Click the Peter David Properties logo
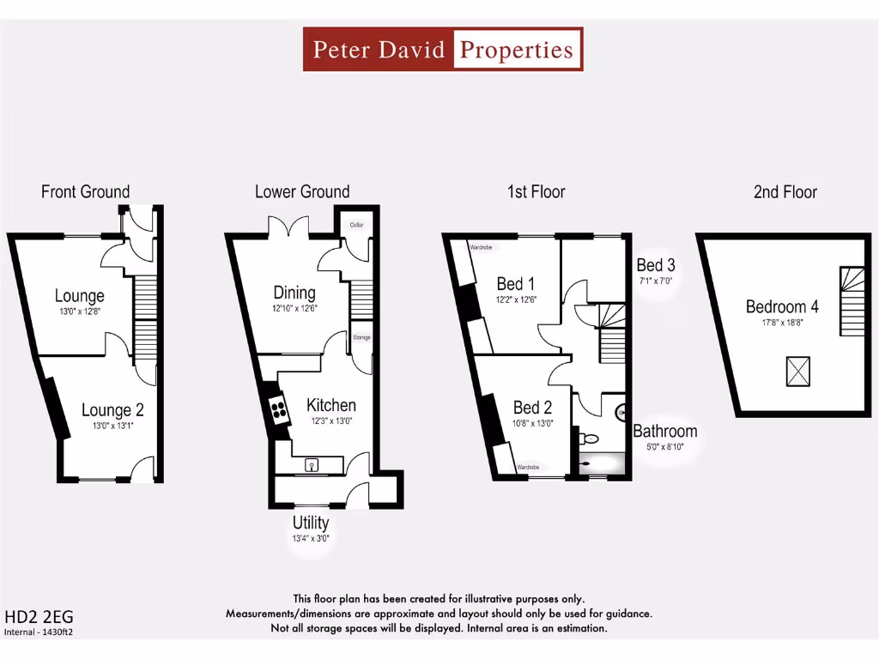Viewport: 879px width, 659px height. (443, 49)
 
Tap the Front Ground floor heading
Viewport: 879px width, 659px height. (85, 191)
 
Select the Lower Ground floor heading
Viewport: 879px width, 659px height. (302, 191)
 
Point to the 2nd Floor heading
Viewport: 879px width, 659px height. (785, 191)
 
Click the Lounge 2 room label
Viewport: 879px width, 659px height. (107, 410)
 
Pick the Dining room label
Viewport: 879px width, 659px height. (294, 293)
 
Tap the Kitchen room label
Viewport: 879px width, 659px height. (330, 405)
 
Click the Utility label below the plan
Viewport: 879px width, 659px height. (310, 523)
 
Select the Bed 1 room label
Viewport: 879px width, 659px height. (516, 284)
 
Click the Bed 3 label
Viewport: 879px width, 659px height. (656, 265)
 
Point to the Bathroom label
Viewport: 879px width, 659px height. (664, 431)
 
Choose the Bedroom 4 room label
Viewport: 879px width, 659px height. (782, 306)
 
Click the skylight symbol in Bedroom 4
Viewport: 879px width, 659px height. (798, 372)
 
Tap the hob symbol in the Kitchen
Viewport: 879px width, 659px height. (278, 409)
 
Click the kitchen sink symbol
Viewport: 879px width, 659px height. (312, 465)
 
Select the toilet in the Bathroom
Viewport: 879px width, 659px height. (589, 438)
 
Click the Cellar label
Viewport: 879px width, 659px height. (356, 225)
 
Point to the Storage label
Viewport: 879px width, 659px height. (361, 337)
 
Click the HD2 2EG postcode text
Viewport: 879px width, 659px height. (34, 616)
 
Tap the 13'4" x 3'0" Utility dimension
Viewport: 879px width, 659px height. (310, 539)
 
